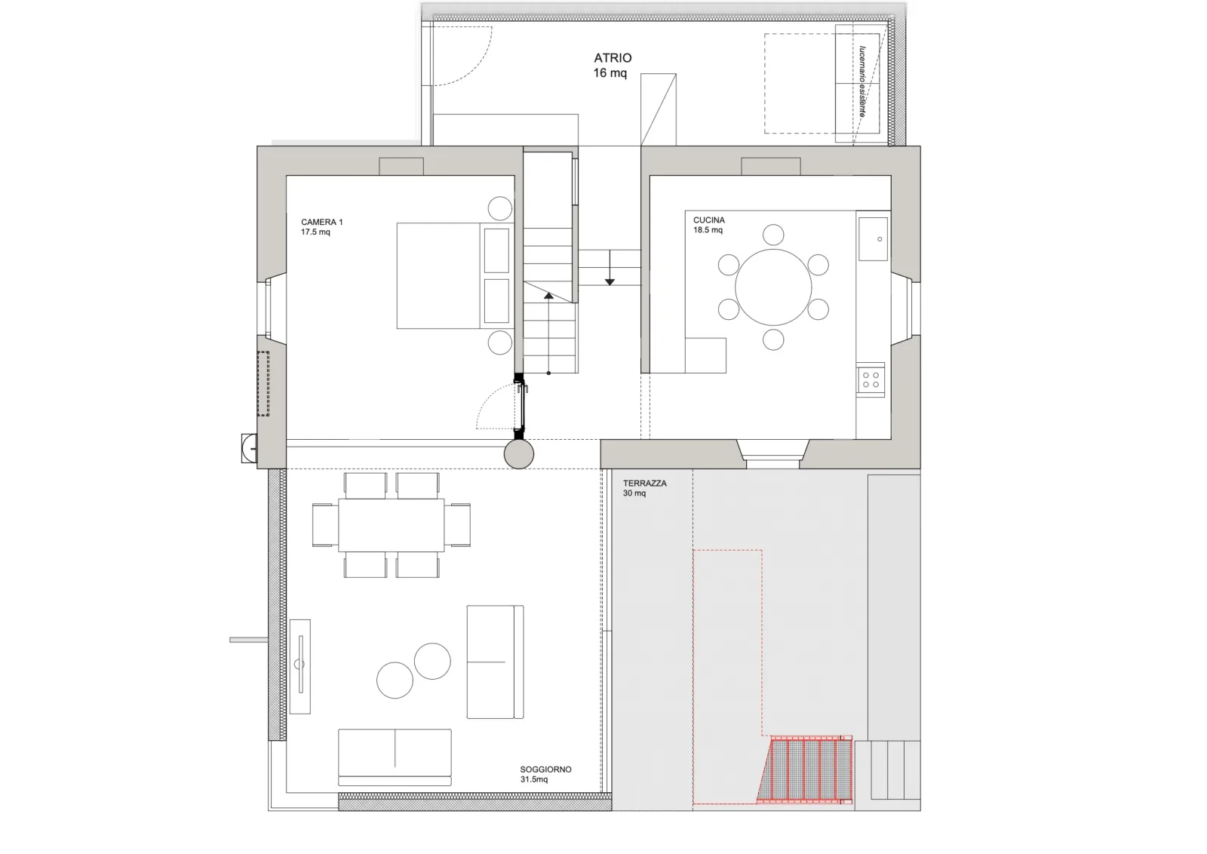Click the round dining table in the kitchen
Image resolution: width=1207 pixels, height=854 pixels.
(x=773, y=287)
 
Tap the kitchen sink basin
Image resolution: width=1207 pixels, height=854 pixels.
(x=873, y=238)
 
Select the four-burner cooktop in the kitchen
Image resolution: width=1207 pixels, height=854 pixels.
(x=871, y=379)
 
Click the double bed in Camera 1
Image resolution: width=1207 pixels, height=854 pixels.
(x=453, y=276)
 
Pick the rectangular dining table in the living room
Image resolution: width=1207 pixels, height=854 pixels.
(x=392, y=525)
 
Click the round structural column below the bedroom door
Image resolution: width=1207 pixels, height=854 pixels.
(x=519, y=453)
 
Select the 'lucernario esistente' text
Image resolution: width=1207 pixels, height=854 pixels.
(x=862, y=81)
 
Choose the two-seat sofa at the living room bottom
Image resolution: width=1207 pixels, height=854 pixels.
(x=395, y=757)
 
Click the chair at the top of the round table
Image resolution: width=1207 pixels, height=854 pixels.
(x=773, y=235)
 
